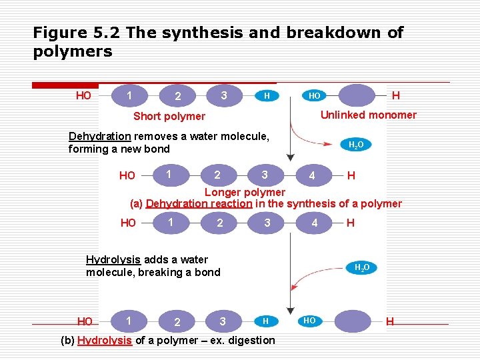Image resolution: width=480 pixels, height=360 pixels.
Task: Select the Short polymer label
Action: pyautogui.click(x=169, y=117)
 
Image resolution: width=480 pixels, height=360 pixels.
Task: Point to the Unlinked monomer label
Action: pyautogui.click(x=368, y=115)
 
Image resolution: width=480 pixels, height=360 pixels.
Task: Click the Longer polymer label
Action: pyautogui.click(x=245, y=193)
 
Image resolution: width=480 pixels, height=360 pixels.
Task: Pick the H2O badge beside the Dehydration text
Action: pyautogui.click(x=356, y=145)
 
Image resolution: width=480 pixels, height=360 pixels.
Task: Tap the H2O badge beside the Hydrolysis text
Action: pyautogui.click(x=361, y=267)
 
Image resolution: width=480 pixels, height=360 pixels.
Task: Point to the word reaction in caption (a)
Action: pyautogui.click(x=231, y=204)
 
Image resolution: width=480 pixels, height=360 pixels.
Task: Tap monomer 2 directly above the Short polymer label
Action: pyautogui.click(x=177, y=97)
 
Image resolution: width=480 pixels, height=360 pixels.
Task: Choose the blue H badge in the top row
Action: pyautogui.click(x=267, y=95)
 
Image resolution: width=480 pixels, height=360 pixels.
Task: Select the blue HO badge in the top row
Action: pyautogui.click(x=314, y=95)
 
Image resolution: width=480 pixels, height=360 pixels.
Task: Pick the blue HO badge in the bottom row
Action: pyautogui.click(x=309, y=321)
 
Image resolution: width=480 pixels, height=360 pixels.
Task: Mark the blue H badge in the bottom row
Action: pyautogui.click(x=265, y=321)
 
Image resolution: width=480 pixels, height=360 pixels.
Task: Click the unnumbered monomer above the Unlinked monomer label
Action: pyautogui.click(x=357, y=95)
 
